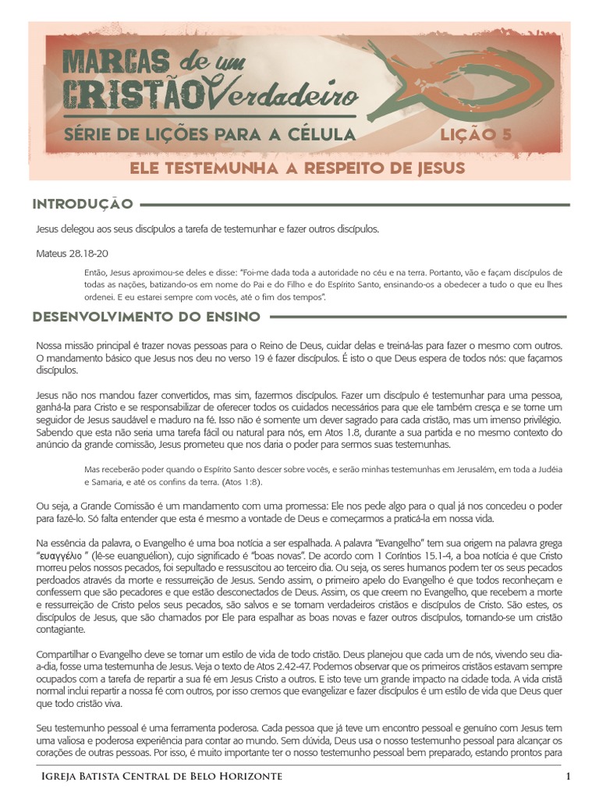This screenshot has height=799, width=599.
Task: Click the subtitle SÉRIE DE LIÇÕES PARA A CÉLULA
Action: pos(210,135)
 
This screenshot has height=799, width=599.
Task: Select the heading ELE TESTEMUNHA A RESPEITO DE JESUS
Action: pos(297,168)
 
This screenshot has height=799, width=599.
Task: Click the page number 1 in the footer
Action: pos(569,776)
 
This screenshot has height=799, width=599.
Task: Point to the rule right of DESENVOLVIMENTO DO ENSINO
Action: pos(417,317)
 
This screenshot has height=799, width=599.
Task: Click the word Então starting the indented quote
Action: pos(94,273)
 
